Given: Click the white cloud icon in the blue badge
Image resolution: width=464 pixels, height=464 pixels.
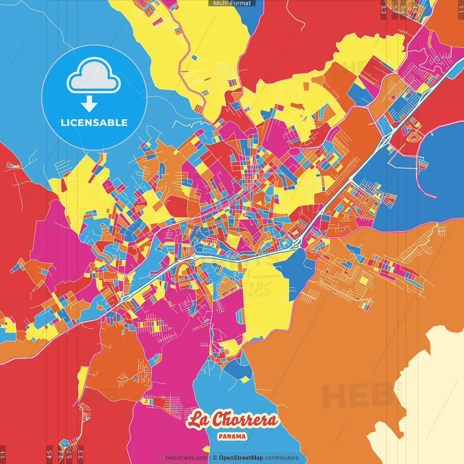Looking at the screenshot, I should pos(94,76).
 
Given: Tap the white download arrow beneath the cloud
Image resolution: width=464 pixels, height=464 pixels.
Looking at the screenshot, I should pos(89,104).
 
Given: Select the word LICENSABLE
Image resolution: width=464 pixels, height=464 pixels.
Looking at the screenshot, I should pos(94,123).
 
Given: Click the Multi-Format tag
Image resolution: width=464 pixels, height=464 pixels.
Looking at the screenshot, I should pos(232,3).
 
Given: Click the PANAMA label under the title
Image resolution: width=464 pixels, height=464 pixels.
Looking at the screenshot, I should pos(232,436).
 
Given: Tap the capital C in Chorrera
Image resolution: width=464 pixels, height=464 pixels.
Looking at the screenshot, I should pos(217,420).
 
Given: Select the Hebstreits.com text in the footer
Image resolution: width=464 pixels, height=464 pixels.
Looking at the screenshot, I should pos(186,458).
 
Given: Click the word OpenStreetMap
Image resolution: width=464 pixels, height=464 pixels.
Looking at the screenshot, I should pos(241,458).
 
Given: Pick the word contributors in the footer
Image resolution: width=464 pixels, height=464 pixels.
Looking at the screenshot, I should pos(282,458).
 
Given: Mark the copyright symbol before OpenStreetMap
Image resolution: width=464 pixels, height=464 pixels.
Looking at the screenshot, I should pos(215,458).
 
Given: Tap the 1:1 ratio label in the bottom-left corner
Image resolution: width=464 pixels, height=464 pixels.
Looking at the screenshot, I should pos(3,454).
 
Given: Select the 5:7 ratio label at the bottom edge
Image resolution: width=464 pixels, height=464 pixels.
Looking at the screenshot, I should pos(69,454).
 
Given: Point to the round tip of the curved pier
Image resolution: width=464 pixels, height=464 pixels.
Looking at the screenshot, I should pos(435,197).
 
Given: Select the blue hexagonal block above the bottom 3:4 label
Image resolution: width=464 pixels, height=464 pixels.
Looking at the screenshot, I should pos(64,443).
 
